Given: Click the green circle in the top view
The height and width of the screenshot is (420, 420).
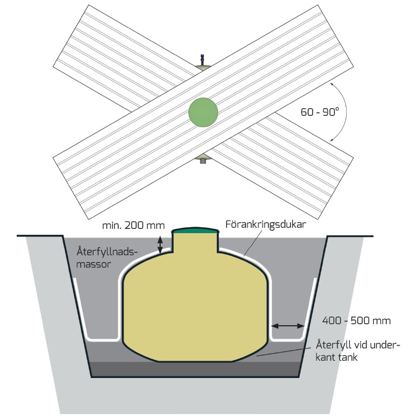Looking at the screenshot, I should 203,113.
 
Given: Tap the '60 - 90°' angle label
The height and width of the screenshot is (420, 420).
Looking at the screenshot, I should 320,113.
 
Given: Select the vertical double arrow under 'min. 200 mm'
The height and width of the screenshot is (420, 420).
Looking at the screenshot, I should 160,245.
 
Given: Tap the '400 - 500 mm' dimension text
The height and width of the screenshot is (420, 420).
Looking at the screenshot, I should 356,321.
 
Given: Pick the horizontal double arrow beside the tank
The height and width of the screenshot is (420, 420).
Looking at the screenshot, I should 288,326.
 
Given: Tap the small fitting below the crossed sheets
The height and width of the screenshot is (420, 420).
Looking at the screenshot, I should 203,160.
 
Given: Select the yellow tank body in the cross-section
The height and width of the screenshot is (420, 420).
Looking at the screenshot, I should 196,307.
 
